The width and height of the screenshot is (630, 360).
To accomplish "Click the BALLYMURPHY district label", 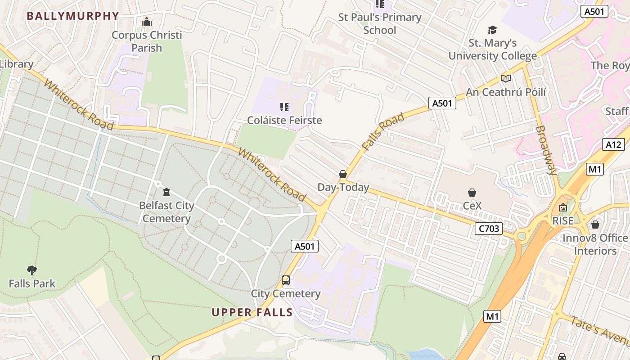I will [x=73, y=16].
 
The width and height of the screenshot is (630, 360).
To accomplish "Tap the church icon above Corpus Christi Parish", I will [x=147, y=22].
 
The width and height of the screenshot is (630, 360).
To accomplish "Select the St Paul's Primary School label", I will [x=379, y=24].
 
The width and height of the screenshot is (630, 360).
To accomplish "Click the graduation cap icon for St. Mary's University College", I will [x=493, y=30].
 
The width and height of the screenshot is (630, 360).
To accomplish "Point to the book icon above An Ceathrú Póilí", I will [x=506, y=79].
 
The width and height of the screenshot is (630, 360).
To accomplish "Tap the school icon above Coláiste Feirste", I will [x=284, y=107].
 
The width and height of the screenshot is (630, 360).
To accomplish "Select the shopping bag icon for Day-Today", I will [x=343, y=174].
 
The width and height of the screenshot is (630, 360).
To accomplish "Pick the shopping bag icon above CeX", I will [x=472, y=193].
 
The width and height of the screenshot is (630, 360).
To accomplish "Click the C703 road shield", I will [x=489, y=229].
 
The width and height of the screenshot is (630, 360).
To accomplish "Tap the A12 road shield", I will [x=613, y=144].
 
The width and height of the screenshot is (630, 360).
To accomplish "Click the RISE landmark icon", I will [x=563, y=207].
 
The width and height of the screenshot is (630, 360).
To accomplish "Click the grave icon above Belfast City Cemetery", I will [x=166, y=192].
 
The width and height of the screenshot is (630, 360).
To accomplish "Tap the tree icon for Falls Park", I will [x=31, y=270].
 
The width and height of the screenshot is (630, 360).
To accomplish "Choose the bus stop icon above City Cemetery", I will [x=286, y=280].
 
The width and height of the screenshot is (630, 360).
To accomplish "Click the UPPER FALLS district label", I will [x=252, y=312].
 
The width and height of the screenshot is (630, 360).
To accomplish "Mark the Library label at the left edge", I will [x=17, y=64].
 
